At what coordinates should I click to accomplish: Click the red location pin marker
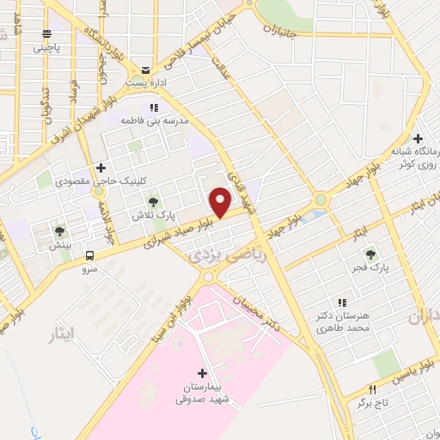[221, 201]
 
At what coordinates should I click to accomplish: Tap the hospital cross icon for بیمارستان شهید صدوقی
[202, 372]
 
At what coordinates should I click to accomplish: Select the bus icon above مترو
[89, 255]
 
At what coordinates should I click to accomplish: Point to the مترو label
[89, 269]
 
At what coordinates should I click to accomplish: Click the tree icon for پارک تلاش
[153, 200]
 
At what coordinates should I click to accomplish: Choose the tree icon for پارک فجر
[371, 254]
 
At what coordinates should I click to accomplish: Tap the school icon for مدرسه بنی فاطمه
[155, 107]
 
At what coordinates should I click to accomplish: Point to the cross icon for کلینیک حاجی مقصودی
[101, 168]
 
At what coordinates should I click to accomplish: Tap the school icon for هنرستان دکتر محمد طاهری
[343, 302]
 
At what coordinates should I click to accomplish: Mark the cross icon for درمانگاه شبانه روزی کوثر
[417, 138]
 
